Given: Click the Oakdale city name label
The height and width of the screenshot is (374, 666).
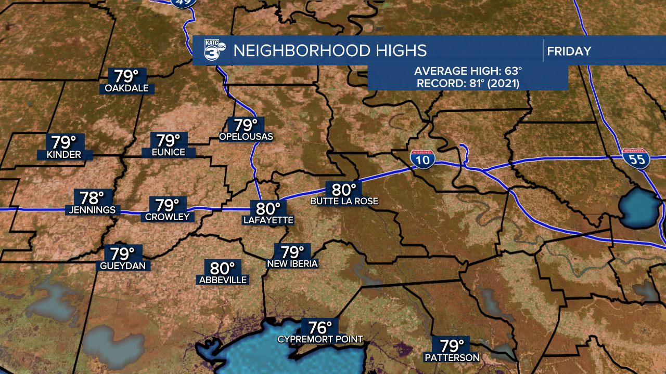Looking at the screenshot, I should (x=126, y=88).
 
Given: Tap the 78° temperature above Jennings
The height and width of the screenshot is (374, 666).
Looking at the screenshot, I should (x=92, y=198).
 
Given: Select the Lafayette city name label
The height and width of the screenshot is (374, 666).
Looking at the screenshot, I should (x=268, y=220).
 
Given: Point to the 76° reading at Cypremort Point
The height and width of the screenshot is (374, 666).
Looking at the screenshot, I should (x=320, y=328).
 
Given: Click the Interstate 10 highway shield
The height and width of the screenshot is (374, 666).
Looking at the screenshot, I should (x=422, y=159).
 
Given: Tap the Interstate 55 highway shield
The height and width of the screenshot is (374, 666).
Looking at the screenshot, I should (x=636, y=158).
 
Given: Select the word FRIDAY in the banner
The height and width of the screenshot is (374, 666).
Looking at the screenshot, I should (x=569, y=51).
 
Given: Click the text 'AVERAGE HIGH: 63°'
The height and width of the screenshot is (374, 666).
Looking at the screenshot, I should (x=468, y=72).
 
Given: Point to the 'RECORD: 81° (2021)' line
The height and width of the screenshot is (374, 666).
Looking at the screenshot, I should (x=468, y=83).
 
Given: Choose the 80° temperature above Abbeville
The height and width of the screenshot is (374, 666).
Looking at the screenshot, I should (x=222, y=269).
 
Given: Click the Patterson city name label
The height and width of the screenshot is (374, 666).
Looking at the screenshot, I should (x=452, y=357).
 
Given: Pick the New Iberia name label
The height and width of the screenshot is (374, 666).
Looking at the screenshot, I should (x=292, y=264).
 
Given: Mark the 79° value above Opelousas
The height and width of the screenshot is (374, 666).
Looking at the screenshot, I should (x=246, y=125).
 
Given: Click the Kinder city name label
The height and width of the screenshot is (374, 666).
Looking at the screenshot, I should (x=64, y=155).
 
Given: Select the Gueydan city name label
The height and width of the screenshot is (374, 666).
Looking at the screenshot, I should (x=125, y=266).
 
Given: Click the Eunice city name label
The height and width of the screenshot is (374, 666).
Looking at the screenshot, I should (x=169, y=152).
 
